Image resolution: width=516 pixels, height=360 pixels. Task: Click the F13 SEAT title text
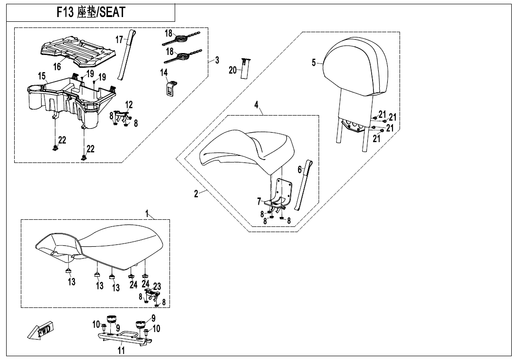click(x=91, y=12)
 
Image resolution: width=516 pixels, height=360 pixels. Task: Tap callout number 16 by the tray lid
click(x=57, y=67)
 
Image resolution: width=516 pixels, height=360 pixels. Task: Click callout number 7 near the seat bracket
click(x=259, y=201)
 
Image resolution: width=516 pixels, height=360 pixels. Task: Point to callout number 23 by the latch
click(x=157, y=286)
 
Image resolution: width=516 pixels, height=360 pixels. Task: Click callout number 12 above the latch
click(x=129, y=105)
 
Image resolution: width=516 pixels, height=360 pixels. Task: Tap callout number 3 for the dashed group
click(x=217, y=60)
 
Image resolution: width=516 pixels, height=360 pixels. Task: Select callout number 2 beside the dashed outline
click(x=196, y=194)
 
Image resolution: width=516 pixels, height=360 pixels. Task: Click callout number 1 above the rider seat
click(x=147, y=215)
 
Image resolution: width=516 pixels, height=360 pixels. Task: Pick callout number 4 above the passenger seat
click(x=256, y=105)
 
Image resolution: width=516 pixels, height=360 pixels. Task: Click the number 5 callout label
click(x=314, y=63)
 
